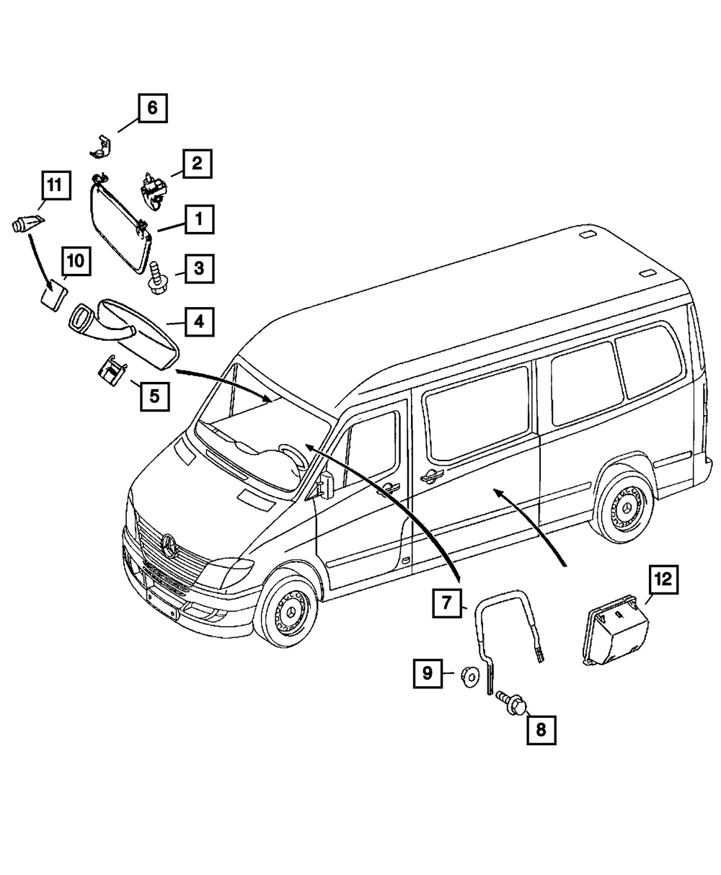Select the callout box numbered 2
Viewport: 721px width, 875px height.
click(197, 163)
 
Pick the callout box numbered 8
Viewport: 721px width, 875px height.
click(541, 729)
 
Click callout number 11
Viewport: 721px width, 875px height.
click(56, 185)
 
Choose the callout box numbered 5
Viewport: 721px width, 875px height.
click(154, 395)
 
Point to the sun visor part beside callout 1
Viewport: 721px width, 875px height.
click(119, 224)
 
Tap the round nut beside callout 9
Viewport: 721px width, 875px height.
click(469, 675)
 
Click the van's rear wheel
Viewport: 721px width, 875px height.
click(622, 509)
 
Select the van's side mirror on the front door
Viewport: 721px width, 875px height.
click(325, 484)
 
